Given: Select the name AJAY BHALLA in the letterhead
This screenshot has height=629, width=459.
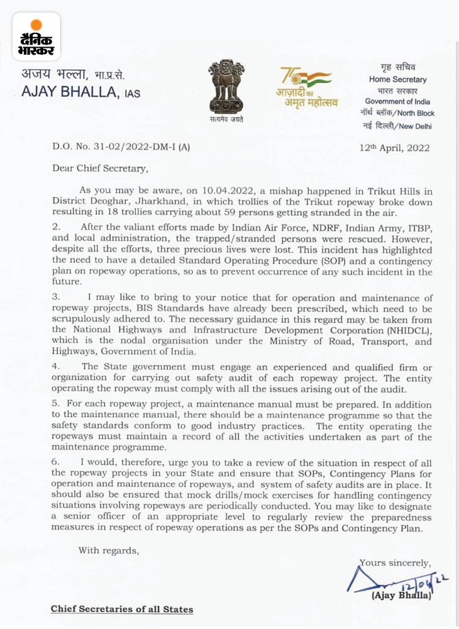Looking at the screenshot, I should pyautogui.click(x=72, y=92).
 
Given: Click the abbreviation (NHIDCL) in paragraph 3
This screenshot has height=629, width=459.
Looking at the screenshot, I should pyautogui.click(x=403, y=330).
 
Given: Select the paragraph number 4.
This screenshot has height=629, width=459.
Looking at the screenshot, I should pyautogui.click(x=55, y=365).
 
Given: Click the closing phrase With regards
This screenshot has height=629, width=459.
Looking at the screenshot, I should pyautogui.click(x=108, y=550).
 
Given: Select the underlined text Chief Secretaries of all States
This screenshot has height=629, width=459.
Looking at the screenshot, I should pyautogui.click(x=122, y=609).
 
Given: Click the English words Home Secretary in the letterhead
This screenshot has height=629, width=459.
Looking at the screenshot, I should pyautogui.click(x=397, y=80).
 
